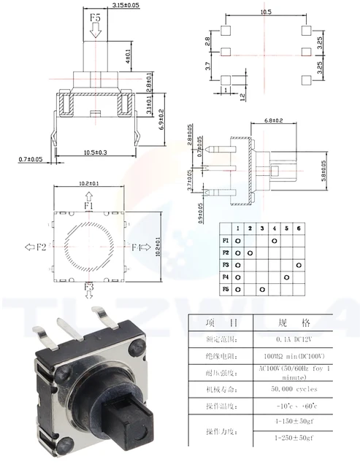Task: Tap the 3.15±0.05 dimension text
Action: point(126,5)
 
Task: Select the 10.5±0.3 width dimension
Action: point(96,152)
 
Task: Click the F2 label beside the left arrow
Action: point(35,247)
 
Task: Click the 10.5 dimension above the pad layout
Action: point(266,12)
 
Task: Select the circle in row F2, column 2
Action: point(250,252)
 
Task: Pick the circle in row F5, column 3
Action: point(262,290)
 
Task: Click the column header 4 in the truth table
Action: point(274,228)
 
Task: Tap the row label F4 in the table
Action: point(225,277)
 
